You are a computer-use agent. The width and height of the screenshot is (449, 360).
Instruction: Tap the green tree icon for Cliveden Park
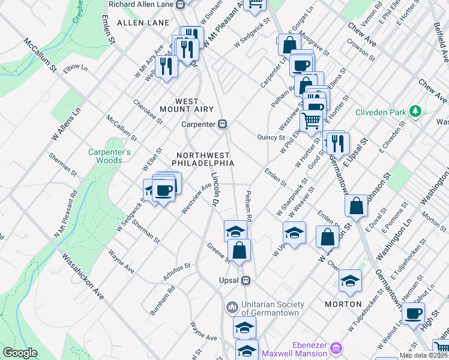(x=414, y=111)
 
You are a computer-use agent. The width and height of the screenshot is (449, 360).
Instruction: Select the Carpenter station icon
(x=222, y=124)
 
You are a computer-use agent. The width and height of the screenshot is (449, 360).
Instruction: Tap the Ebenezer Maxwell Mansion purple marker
(x=336, y=348)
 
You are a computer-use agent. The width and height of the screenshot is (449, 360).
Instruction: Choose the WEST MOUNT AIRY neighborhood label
(x=186, y=105)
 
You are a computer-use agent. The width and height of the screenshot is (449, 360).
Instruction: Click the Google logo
(x=20, y=353)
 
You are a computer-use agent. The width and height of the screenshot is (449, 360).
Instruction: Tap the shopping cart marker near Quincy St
(x=311, y=120)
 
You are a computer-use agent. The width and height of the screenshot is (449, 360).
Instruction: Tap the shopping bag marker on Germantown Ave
(x=357, y=205)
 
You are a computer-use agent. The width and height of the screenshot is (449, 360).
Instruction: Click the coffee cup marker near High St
(x=413, y=313)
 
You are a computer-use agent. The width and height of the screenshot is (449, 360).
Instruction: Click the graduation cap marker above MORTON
(x=350, y=280)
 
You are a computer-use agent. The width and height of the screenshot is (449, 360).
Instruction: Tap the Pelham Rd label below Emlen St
(x=250, y=206)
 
